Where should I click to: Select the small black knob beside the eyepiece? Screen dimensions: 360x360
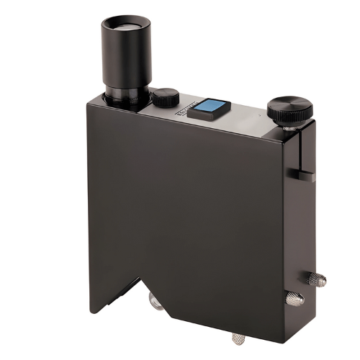click(166, 96)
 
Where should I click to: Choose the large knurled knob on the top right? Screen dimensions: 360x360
click(289, 110)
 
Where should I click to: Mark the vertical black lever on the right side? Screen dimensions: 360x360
click(297, 155)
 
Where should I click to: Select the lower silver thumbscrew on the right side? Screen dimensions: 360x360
click(294, 297)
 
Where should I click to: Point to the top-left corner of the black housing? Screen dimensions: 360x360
click(87, 102)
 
